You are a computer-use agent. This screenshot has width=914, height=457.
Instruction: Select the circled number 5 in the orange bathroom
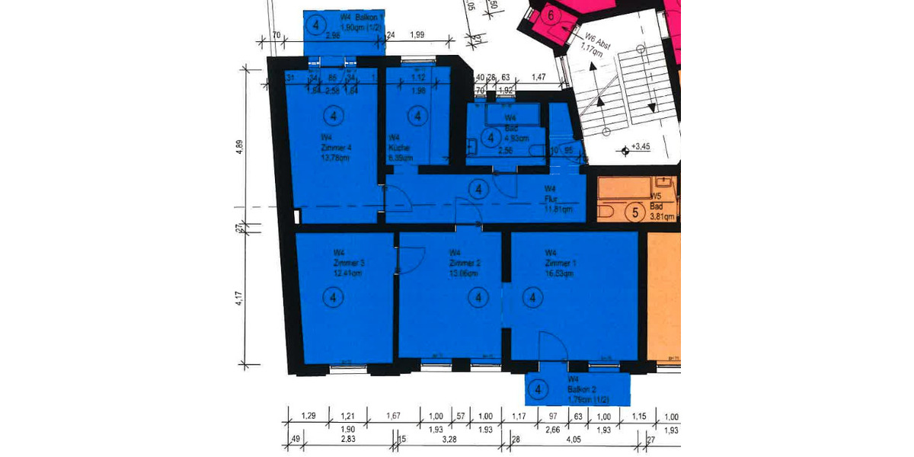click(x=634, y=213)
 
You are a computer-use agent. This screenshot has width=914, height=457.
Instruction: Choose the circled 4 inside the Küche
click(x=417, y=116)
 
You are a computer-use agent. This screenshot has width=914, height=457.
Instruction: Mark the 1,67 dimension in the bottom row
click(x=394, y=416)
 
